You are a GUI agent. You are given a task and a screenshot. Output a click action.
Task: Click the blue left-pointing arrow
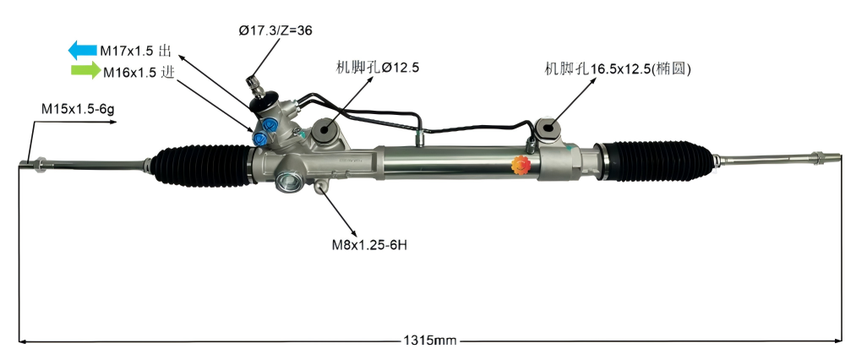coord(82,50)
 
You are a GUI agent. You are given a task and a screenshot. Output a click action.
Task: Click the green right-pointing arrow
coord(84,71)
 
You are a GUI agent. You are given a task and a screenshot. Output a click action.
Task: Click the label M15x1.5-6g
coord(77,109)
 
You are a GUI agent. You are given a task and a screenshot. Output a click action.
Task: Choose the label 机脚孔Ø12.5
coord(378,67)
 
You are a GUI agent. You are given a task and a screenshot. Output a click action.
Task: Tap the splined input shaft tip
coord(251,83)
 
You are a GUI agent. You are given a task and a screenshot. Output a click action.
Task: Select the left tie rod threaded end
coord(39,163)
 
